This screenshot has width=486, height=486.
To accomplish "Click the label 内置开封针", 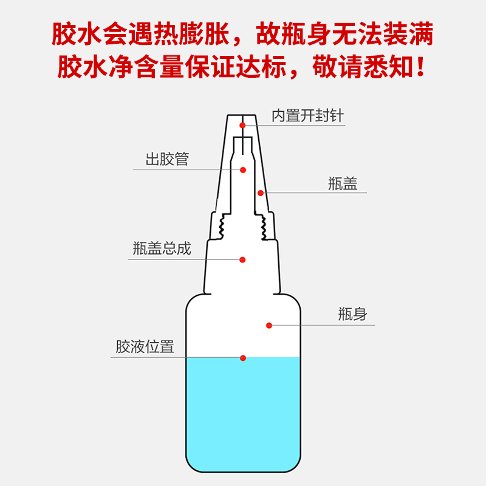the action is click(308, 116).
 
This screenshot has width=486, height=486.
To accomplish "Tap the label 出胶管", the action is click(168, 159).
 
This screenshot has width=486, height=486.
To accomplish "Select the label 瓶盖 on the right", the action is click(343, 183).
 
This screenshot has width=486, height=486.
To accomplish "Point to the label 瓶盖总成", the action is click(162, 248).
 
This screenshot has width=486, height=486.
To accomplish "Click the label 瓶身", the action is click(352, 314).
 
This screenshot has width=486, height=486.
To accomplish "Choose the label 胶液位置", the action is click(145, 346).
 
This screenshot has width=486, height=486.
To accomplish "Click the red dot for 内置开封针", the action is click(242, 125).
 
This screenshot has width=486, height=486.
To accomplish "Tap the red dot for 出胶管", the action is click(243, 170).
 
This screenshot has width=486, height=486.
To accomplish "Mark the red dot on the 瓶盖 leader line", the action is click(261, 193).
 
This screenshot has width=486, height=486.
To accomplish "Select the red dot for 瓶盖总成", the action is click(242, 259).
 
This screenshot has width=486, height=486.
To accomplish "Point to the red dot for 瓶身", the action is click(269, 325).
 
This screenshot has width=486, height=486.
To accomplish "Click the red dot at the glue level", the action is click(243, 358).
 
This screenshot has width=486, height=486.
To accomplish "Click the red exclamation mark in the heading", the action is click(420, 66).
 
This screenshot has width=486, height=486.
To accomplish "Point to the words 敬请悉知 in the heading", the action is click(363, 66).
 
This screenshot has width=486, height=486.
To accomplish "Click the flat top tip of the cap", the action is click(241, 115).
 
